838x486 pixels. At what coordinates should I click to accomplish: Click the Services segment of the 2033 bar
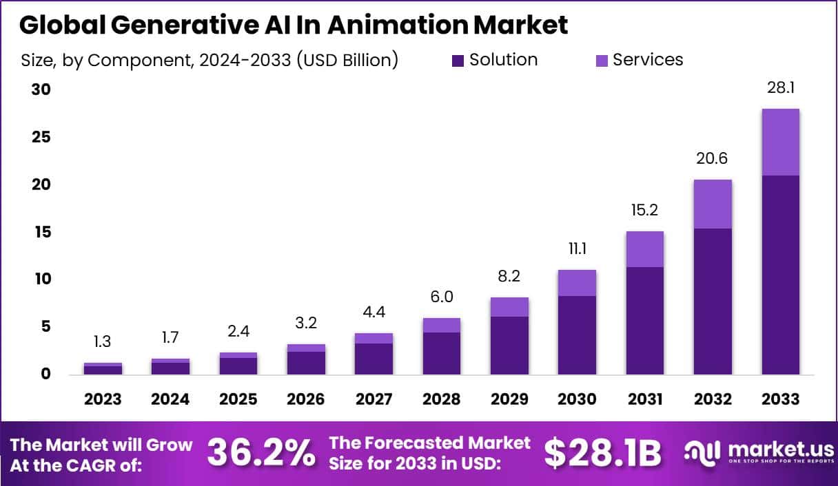(780, 142)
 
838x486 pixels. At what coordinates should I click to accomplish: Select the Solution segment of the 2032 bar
(713, 301)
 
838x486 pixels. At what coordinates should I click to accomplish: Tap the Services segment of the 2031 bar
(645, 249)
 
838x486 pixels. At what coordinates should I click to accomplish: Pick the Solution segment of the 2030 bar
(577, 335)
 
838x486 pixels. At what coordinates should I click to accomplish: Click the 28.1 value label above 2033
(780, 87)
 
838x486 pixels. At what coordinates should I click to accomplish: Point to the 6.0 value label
(441, 297)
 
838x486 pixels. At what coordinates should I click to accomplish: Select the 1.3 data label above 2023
(102, 341)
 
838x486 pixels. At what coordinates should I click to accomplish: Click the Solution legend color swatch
(458, 61)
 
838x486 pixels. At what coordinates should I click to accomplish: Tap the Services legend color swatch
(602, 61)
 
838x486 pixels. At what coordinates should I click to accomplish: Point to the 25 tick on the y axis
(42, 137)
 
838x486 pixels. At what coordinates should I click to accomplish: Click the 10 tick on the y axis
(42, 279)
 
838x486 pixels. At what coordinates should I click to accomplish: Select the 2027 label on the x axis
(374, 399)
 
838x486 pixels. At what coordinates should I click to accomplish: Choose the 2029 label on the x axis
(509, 399)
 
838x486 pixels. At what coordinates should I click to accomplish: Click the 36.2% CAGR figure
(261, 453)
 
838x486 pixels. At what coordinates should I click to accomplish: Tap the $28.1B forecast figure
(602, 453)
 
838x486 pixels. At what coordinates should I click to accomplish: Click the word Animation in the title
(398, 25)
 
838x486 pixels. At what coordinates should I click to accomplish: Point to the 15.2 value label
(645, 210)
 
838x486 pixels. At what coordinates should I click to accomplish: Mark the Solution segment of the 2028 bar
(441, 353)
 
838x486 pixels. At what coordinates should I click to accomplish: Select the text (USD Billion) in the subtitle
(348, 61)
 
